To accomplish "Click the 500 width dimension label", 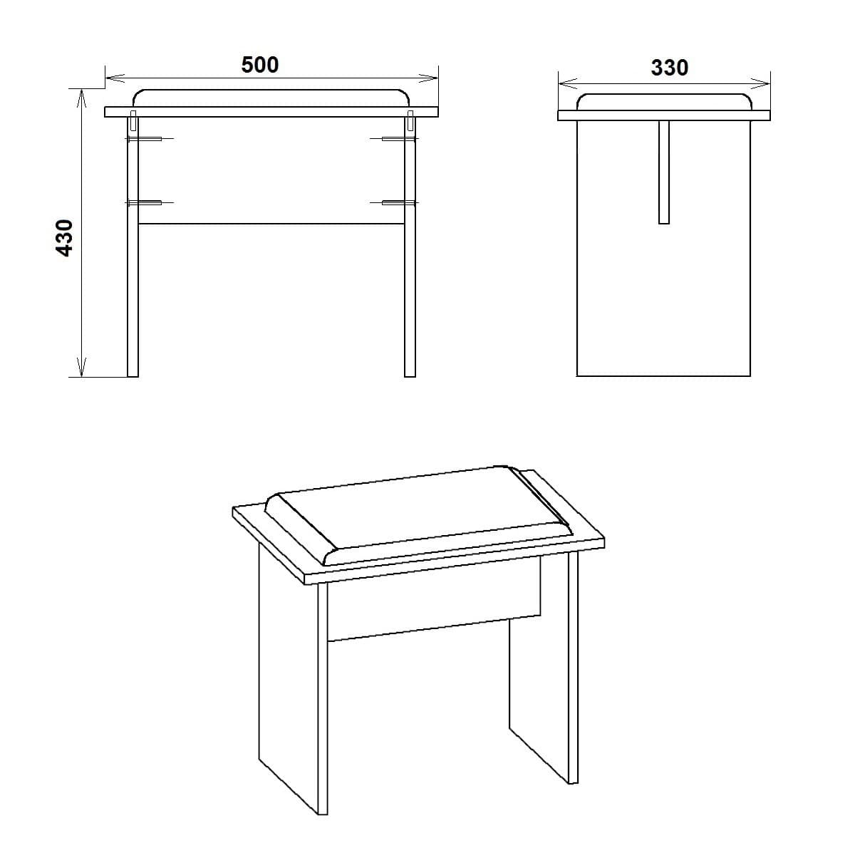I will click(260, 65).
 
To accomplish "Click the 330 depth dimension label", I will click(669, 68).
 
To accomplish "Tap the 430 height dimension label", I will click(65, 237).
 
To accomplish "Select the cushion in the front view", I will click(271, 98).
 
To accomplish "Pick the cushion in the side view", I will click(664, 102).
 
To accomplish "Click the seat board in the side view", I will click(664, 115).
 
